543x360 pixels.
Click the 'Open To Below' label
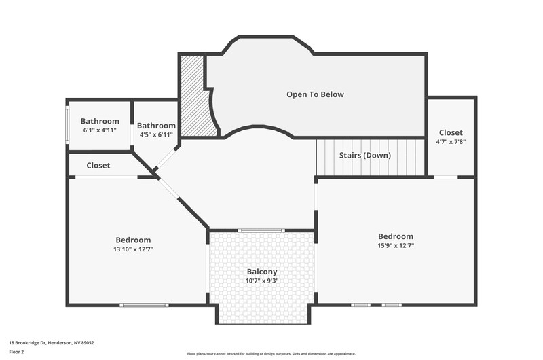coord(315,94)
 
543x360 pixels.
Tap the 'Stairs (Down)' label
coord(365,155)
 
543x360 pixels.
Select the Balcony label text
coord(262,272)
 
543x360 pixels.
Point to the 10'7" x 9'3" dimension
coord(262,281)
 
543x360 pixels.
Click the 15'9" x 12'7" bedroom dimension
coord(396,245)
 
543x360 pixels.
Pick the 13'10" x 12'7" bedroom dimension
coord(133,249)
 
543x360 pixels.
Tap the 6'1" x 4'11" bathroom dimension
coord(100,130)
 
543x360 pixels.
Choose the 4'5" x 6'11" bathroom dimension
coord(156,134)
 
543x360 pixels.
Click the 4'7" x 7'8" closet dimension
coord(451,141)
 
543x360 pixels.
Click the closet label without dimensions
coord(98,165)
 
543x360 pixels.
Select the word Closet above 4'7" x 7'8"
coord(451,132)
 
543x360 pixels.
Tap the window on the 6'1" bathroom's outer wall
coord(67,124)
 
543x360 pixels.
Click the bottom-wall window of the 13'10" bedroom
coord(144,305)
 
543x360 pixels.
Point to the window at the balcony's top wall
coord(261,230)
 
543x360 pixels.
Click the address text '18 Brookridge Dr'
coord(28,343)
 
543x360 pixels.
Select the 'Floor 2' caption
coord(16,352)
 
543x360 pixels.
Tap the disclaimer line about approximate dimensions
coord(271,354)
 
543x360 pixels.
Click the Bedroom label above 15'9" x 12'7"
coord(396,236)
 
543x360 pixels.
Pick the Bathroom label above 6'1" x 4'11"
coord(100,121)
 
